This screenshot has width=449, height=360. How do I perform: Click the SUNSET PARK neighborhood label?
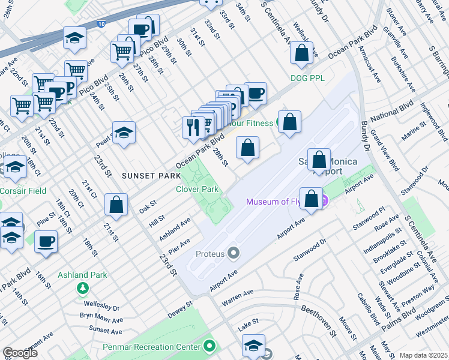tap(151, 176)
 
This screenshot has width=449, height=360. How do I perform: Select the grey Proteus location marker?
tap(233, 254)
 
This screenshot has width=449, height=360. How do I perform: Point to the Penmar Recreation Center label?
tap(158, 346)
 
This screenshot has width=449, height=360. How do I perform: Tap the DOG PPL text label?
tap(307, 78)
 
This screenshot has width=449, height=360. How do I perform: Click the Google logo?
tap(20, 353)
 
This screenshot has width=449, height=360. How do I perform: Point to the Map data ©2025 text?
tap(423, 355)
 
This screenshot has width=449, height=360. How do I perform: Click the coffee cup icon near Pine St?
tap(46, 242)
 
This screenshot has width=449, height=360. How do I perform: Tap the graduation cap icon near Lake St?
tap(253, 345)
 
